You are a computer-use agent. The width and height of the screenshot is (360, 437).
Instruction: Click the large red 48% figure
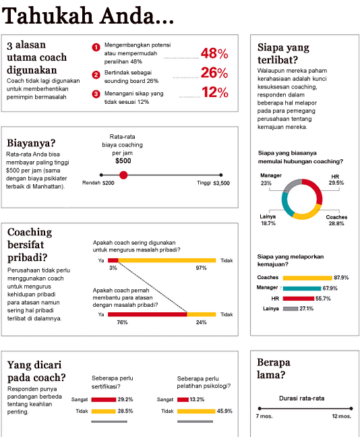pos(214,53)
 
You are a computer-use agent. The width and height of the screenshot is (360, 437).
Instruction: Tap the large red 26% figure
pos(214,73)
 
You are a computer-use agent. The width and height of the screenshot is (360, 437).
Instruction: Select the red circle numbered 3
pos(96,94)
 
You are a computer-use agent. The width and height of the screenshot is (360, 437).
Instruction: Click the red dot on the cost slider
pos(123,175)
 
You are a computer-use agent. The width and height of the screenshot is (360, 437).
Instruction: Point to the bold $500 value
pos(123,161)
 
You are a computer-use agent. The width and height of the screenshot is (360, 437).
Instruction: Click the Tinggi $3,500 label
pos(213,183)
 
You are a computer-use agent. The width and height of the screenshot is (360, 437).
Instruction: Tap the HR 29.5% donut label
pos(336,180)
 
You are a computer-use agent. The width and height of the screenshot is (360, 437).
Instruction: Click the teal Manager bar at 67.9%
pos(302,288)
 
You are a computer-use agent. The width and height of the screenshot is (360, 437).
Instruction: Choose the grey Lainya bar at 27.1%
pos(291,308)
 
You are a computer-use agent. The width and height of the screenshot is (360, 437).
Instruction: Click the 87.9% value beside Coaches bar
pos(341,278)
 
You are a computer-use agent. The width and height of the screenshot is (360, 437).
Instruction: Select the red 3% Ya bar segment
pos(113,260)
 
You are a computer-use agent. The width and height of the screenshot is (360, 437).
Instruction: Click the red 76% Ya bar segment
pos(148,314)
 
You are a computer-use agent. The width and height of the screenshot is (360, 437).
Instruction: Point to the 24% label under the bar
pos(201,322)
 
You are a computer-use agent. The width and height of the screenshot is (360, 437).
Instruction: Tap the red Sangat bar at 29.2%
pos(104,400)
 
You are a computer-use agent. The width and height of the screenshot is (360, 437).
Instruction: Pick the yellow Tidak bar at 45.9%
pos(196,411)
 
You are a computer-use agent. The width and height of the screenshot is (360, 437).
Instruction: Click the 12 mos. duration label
pos(342,416)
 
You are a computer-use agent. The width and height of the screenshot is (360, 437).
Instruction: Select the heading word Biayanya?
pos(31,143)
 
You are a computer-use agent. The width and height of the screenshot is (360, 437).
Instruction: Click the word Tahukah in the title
pos(48,16)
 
